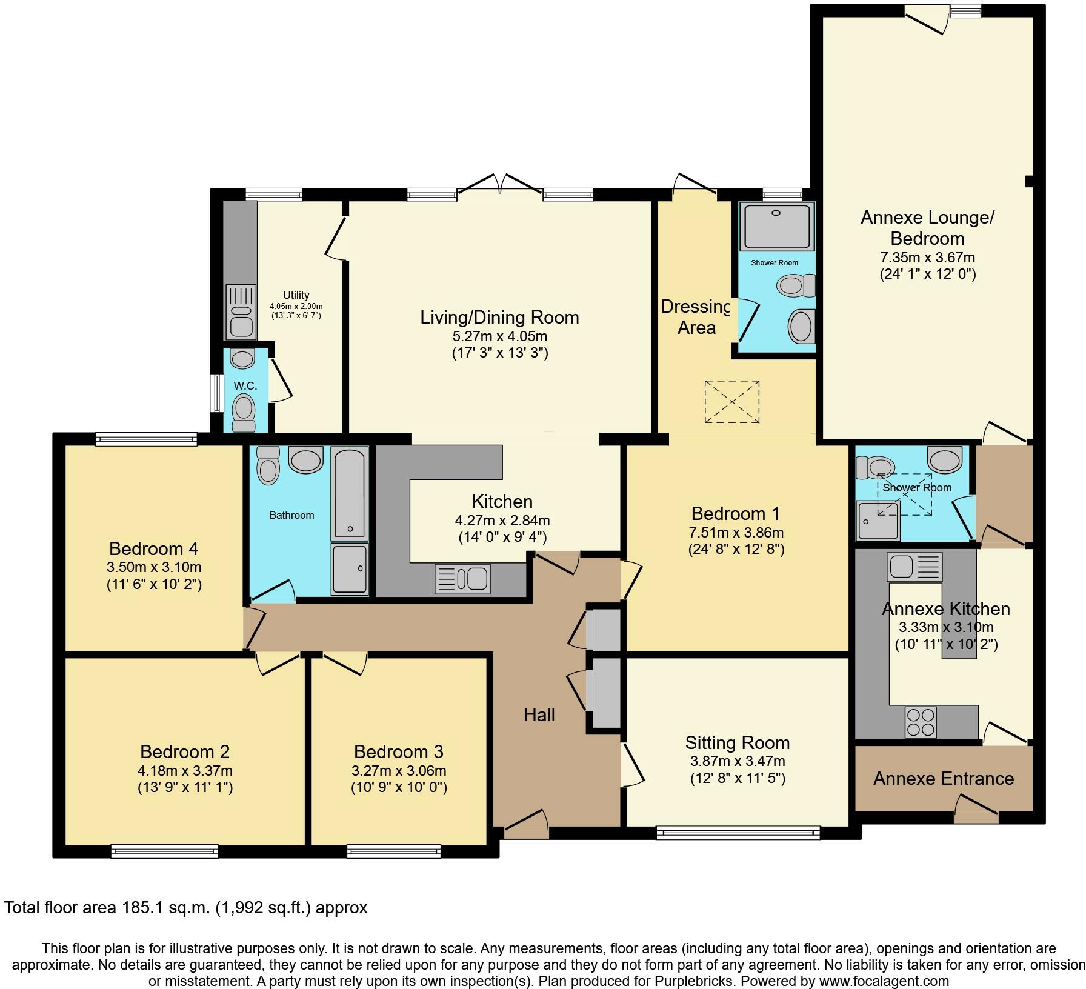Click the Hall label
pyautogui.click(x=539, y=715)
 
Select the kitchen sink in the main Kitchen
pyautogui.click(x=462, y=579)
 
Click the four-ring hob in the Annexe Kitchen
pyautogui.click(x=920, y=722)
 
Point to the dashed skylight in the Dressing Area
pyautogui.click(x=731, y=402)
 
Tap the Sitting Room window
pyautogui.click(x=738, y=833)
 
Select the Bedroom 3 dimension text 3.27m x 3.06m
pyautogui.click(x=399, y=771)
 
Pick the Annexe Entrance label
pyautogui.click(x=943, y=779)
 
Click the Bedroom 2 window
pyautogui.click(x=164, y=851)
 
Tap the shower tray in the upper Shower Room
pyautogui.click(x=776, y=226)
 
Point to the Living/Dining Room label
pyautogui.click(x=499, y=318)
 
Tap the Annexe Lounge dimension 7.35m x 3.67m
pyautogui.click(x=927, y=258)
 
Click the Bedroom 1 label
pyautogui.click(x=736, y=514)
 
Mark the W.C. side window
pyautogui.click(x=215, y=393)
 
